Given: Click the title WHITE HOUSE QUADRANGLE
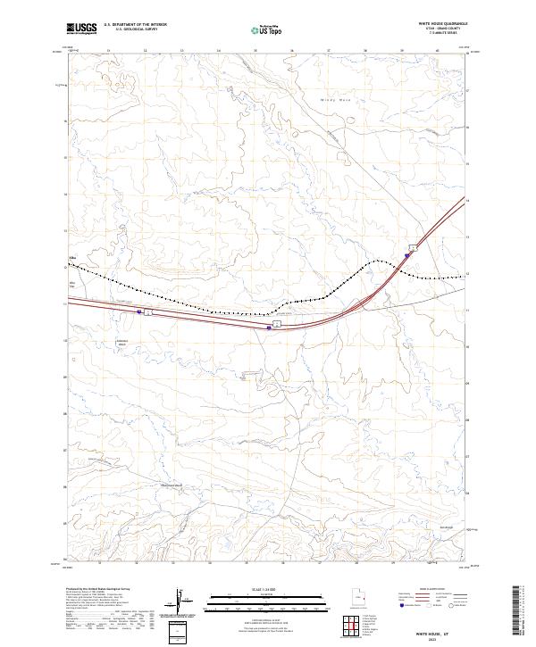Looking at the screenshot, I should click(x=440, y=25).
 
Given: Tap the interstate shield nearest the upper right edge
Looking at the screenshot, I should click(x=413, y=246).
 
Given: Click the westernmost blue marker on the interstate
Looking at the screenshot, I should click(x=139, y=311).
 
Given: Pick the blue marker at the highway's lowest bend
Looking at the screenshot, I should click(x=269, y=327).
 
